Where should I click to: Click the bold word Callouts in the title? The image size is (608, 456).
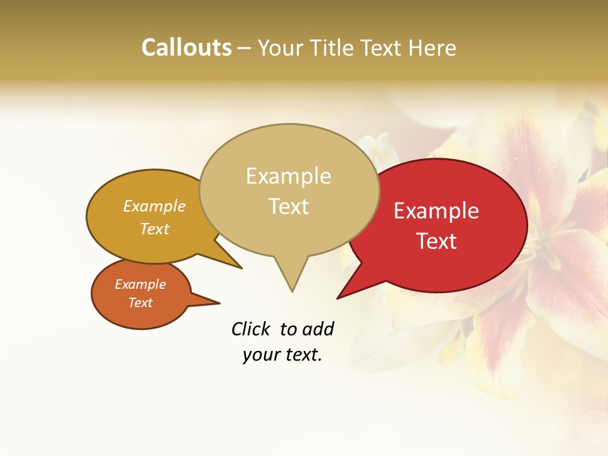[x=186, y=47]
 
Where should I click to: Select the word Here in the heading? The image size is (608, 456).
[x=433, y=47]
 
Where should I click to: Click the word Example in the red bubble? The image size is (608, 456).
[x=436, y=211]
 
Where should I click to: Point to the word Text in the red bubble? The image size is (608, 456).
[x=436, y=241]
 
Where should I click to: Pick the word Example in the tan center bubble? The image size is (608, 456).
[x=288, y=176]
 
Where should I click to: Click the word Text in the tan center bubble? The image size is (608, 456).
[x=288, y=206]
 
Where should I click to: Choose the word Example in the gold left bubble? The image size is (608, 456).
[x=155, y=206]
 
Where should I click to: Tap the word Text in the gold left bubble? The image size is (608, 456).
[x=155, y=229]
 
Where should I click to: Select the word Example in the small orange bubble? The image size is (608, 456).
[x=140, y=284]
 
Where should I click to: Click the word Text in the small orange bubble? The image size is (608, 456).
[x=140, y=303]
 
